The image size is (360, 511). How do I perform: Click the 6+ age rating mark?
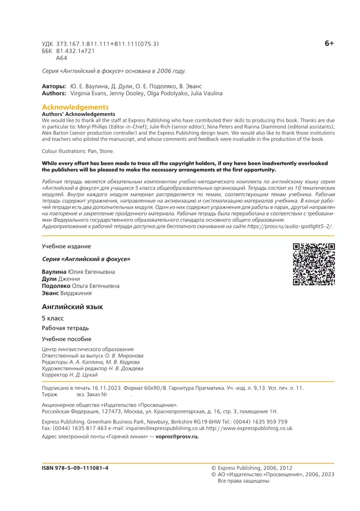click(329, 43)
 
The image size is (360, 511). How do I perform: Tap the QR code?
click(313, 264)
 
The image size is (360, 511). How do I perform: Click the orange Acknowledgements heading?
click(75, 107)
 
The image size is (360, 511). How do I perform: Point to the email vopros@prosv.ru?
click(178, 436)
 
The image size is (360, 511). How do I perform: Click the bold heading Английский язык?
click(73, 306)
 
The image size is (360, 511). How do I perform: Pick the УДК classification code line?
click(100, 43)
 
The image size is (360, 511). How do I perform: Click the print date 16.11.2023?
click(125, 388)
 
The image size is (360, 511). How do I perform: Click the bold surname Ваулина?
click(54, 272)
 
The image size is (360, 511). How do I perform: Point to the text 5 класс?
click(53, 318)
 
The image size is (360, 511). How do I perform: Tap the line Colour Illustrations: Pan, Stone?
click(78, 151)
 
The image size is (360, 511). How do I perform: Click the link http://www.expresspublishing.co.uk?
click(249, 428)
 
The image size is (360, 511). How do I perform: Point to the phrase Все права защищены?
click(244, 481)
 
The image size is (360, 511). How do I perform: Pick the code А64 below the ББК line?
click(61, 58)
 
